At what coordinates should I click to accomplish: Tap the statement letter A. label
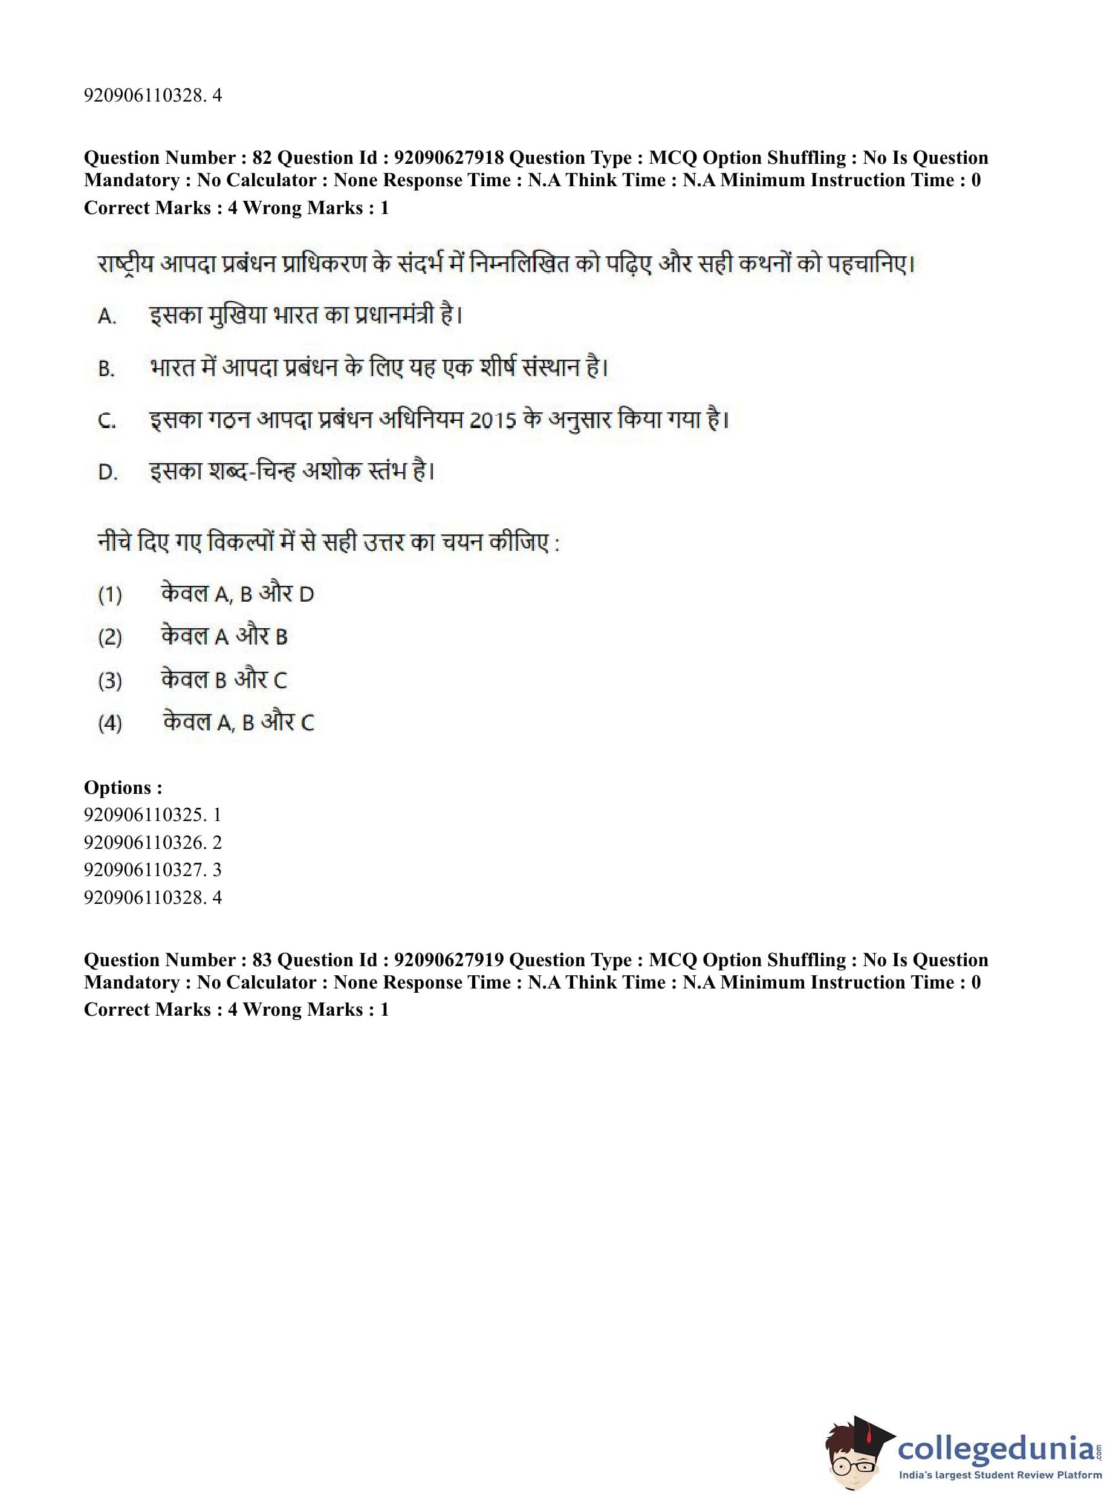(108, 316)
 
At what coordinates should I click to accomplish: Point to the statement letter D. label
(108, 472)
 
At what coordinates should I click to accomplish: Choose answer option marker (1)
(110, 595)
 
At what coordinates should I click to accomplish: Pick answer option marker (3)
(110, 681)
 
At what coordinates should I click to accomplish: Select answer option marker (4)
(110, 723)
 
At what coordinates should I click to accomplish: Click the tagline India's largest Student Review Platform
(1000, 1475)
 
